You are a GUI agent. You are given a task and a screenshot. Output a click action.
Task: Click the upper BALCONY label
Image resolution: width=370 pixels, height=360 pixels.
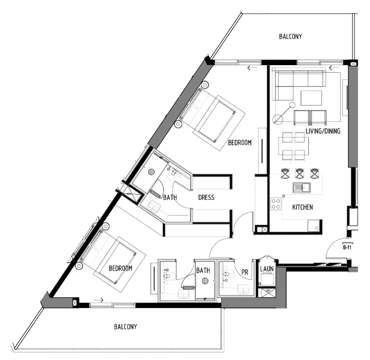tap(291, 36)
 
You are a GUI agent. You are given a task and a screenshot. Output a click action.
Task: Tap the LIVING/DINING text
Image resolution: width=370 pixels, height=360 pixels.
tap(323, 132)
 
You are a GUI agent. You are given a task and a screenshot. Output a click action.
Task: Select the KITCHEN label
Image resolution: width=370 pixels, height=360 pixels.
tap(303, 207)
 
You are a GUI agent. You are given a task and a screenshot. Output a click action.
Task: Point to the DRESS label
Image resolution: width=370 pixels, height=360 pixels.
tap(206, 197)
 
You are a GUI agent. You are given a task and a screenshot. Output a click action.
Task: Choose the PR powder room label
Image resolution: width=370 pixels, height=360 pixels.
tap(245, 272)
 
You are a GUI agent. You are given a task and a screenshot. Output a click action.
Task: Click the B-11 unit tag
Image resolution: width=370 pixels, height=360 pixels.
tap(347, 248)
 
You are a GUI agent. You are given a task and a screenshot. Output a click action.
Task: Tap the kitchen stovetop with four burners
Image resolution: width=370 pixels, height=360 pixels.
tap(276, 203)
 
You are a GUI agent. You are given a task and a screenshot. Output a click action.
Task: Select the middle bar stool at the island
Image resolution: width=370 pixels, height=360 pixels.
tap(300, 173)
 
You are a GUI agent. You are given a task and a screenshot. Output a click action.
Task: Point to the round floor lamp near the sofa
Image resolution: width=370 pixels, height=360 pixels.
tap(279, 120)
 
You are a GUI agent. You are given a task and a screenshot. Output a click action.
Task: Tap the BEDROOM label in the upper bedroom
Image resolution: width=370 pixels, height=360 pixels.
tap(239, 143)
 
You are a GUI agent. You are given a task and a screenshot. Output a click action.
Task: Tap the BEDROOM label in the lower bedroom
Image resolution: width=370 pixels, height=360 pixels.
tap(120, 269)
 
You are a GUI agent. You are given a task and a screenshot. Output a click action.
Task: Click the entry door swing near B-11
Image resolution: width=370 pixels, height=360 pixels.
tap(336, 250)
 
